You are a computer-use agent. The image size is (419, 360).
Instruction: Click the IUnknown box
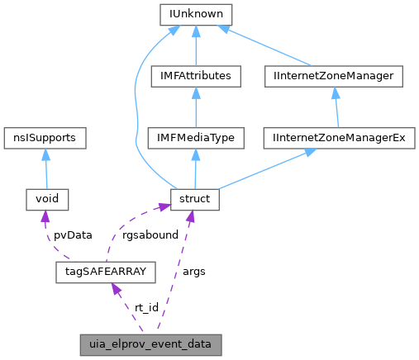pyautogui.click(x=194, y=15)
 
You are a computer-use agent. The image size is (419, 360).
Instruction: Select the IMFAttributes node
pyautogui.click(x=194, y=76)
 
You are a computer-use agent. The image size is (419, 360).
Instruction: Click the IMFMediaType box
pyautogui.click(x=194, y=137)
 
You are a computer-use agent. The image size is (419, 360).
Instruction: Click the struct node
pyautogui.click(x=194, y=198)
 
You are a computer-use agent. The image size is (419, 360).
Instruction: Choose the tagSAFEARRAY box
pyautogui.click(x=104, y=270)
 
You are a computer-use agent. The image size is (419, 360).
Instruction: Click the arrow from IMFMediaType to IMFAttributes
pyautogui.click(x=194, y=107)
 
